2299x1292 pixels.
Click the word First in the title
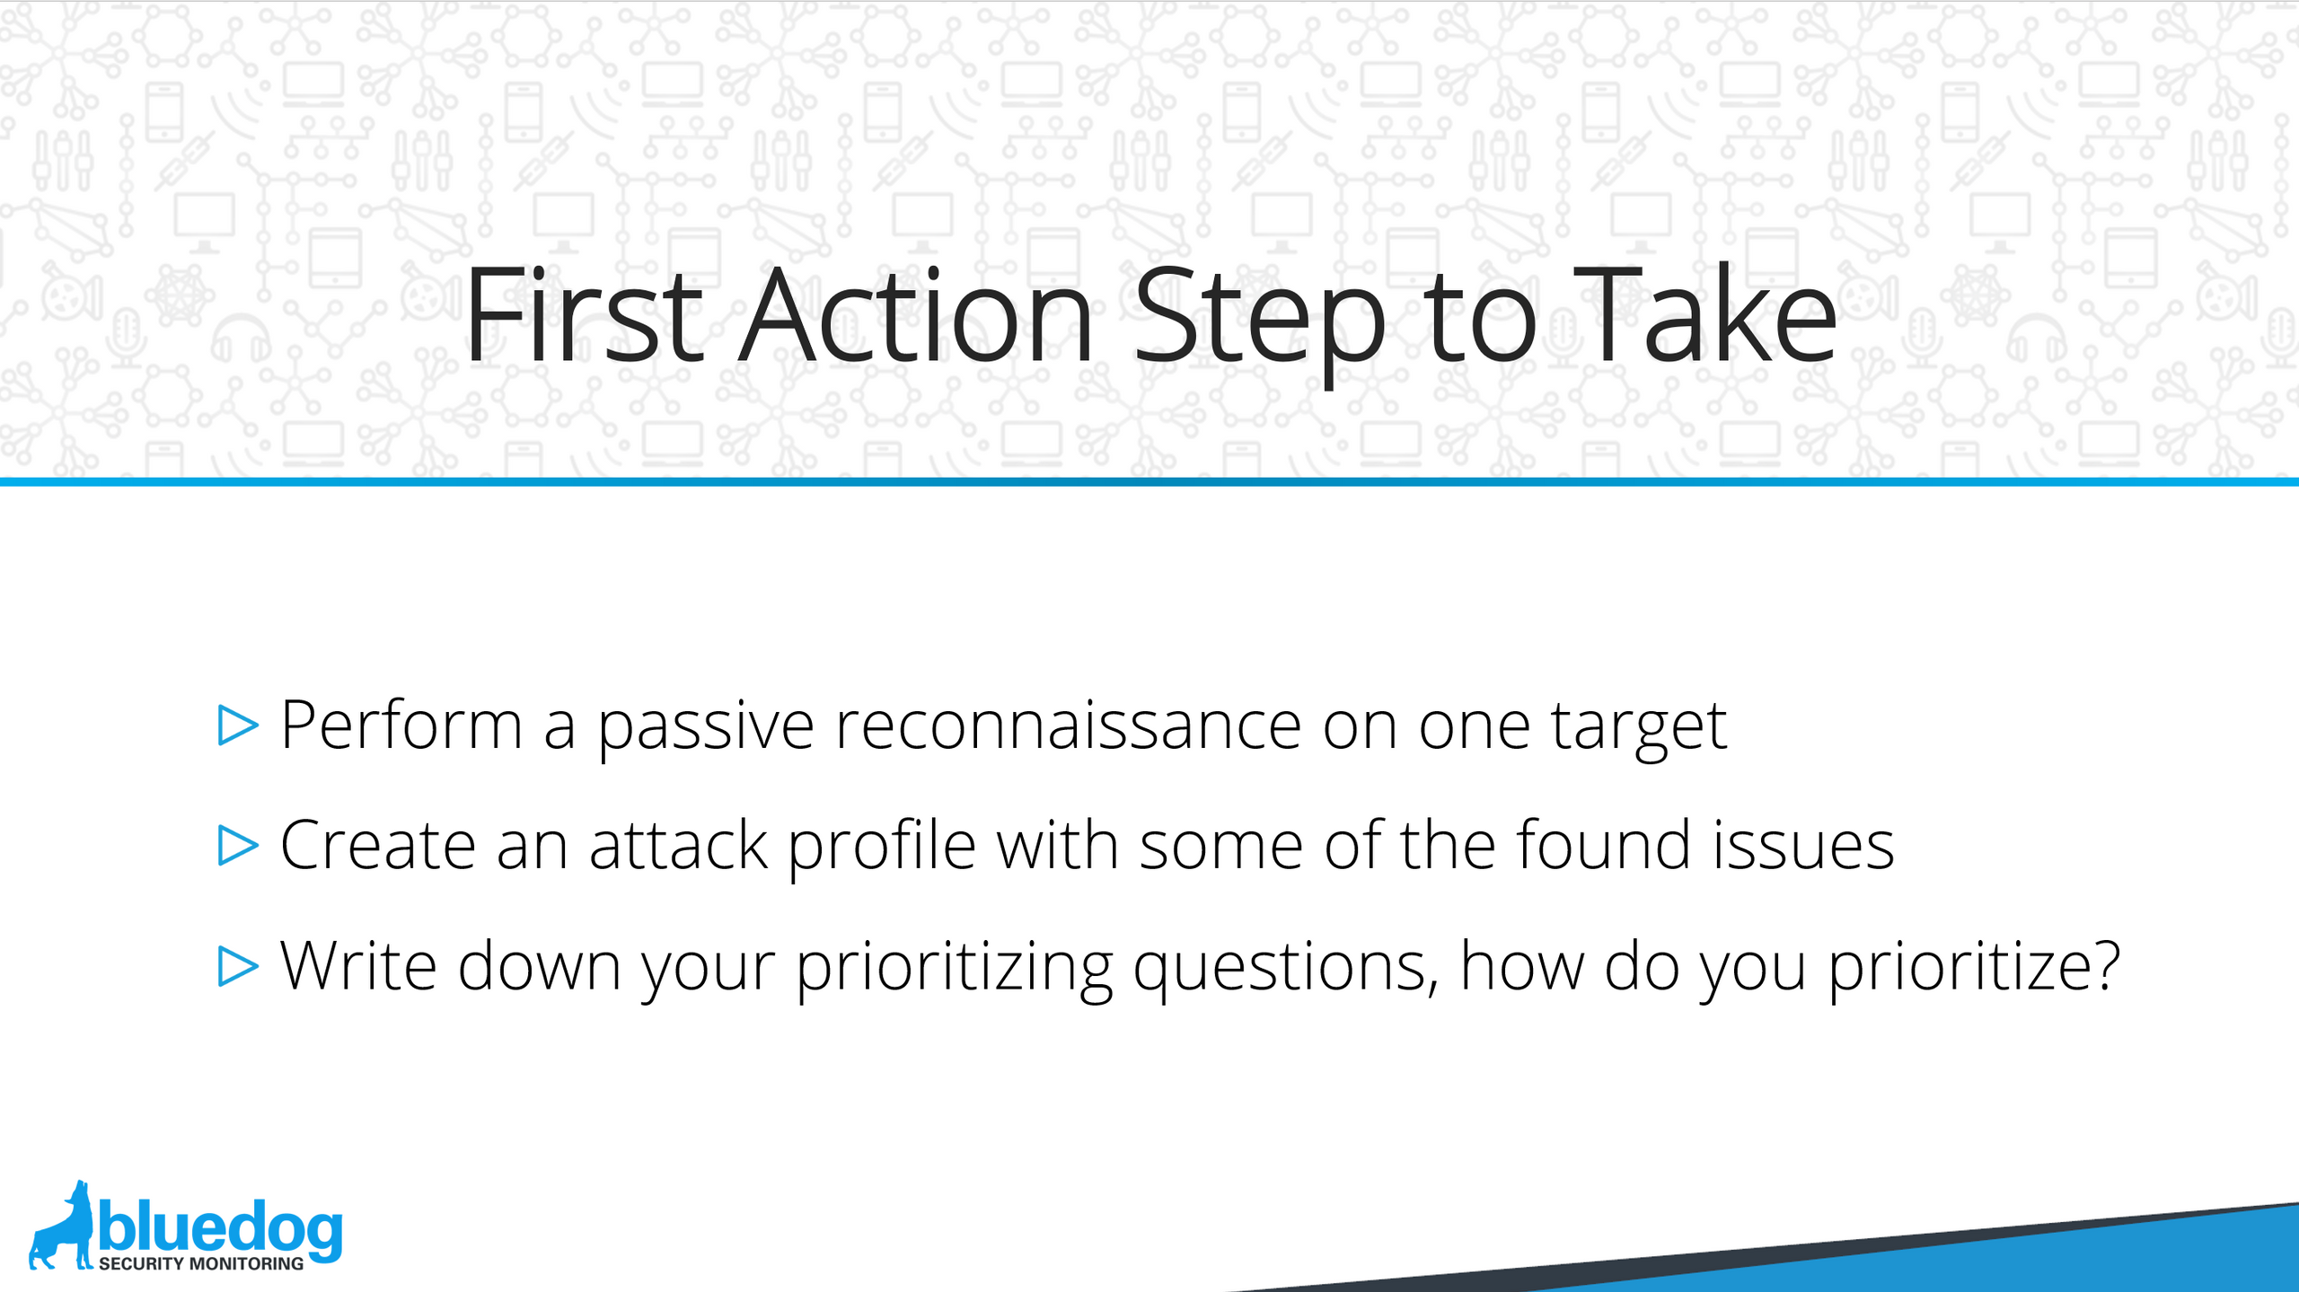point(584,314)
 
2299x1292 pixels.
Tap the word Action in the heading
point(915,314)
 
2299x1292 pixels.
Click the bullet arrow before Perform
point(238,725)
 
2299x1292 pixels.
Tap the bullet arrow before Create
point(238,846)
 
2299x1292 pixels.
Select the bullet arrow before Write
point(238,966)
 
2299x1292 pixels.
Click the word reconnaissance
point(1068,725)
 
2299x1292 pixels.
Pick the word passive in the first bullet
point(706,729)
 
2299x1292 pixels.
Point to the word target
point(1639,729)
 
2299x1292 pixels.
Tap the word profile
point(882,848)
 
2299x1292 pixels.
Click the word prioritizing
point(954,970)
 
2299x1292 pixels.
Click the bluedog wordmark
point(221,1226)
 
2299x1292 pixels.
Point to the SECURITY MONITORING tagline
point(201,1263)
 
